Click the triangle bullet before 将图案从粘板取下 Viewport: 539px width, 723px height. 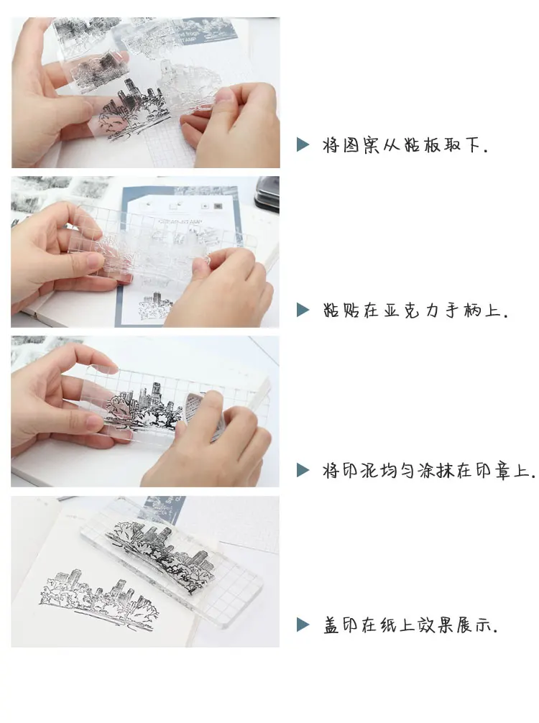tap(303, 144)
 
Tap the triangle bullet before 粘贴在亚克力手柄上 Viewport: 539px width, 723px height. tap(303, 310)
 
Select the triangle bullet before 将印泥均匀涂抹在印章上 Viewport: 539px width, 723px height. tap(303, 470)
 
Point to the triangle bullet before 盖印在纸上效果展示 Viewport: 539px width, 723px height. tap(303, 625)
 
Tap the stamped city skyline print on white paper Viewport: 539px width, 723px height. tap(99, 599)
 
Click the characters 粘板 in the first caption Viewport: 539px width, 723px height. tap(421, 144)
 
